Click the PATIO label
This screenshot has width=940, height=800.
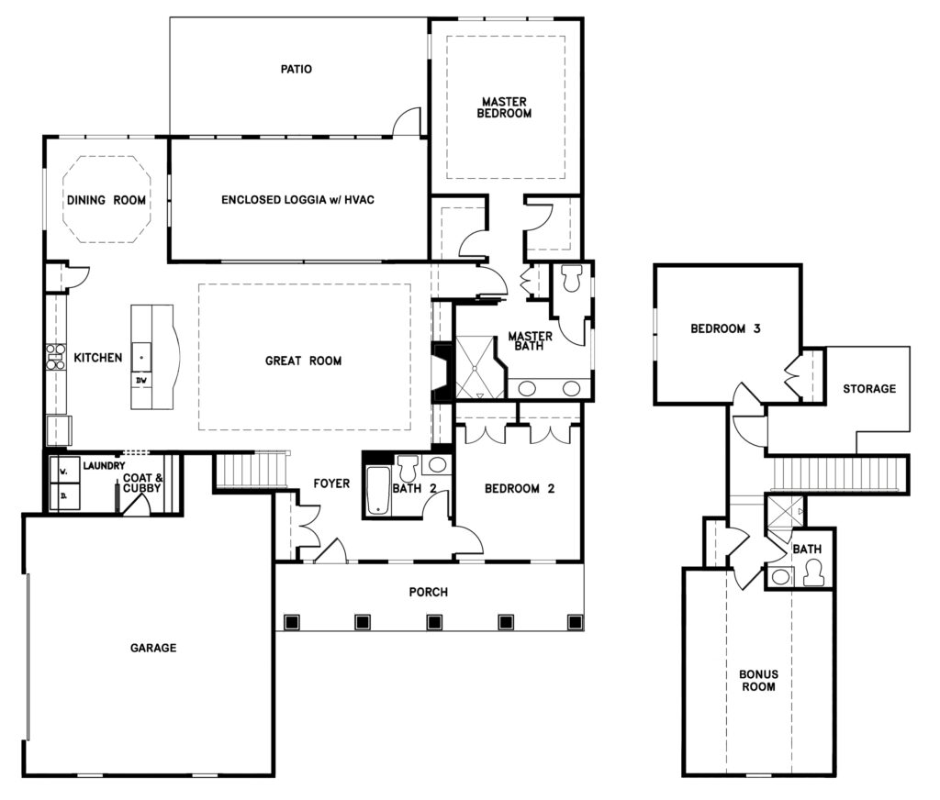click(297, 69)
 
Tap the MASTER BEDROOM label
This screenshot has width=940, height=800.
click(504, 107)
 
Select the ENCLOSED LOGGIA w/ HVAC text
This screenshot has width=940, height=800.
click(298, 200)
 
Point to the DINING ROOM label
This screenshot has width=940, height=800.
click(106, 200)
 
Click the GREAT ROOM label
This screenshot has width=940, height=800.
click(303, 361)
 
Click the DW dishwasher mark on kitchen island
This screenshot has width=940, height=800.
click(141, 381)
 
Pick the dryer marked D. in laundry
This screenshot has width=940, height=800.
click(64, 495)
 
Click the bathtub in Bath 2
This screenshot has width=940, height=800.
click(377, 490)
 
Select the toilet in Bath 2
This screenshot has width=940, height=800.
click(408, 467)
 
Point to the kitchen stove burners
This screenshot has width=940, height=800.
click(55, 357)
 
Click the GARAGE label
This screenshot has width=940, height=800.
click(153, 648)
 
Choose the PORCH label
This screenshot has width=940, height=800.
click(428, 592)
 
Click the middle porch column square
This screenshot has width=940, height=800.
click(434, 622)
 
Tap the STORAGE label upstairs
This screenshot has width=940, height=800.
click(869, 389)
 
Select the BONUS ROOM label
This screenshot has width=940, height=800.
click(758, 681)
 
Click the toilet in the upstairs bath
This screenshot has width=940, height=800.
click(813, 573)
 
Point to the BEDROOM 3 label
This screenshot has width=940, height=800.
click(725, 328)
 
